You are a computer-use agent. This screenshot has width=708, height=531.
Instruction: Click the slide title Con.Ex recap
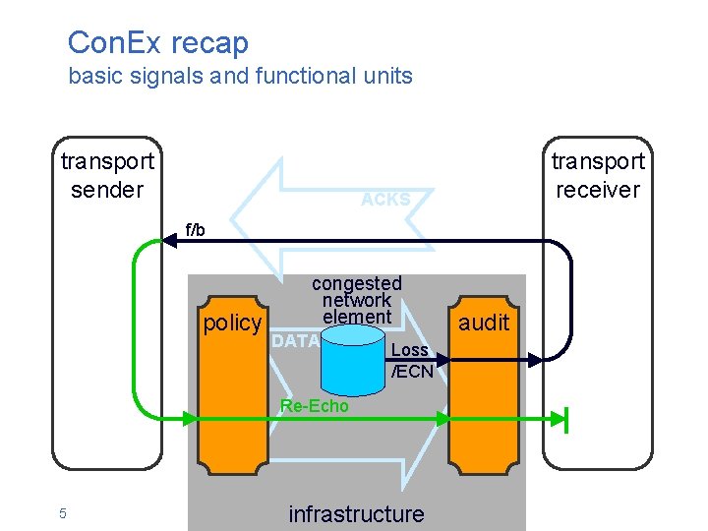point(157,42)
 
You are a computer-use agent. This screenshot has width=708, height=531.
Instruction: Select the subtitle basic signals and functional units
point(240,76)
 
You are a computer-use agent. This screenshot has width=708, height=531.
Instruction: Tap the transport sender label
point(107,175)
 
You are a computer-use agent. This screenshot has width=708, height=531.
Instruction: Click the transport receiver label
point(597,175)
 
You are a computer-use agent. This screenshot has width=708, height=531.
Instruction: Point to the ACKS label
point(385,200)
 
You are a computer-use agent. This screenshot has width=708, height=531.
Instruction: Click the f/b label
point(196,230)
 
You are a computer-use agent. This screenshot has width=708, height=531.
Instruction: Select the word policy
point(232,324)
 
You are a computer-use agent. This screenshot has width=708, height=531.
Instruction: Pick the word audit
point(484,322)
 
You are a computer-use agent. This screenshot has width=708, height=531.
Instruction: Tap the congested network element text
point(356,300)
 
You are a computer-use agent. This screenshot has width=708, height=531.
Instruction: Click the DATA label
point(295,341)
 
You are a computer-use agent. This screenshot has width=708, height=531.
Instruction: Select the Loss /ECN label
point(410,361)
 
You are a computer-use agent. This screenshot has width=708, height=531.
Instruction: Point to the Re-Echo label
point(314,406)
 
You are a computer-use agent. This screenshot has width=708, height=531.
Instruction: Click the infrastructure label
point(356,513)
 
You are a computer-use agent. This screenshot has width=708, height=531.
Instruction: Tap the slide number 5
point(62,513)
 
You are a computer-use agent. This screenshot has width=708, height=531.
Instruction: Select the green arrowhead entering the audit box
point(442,419)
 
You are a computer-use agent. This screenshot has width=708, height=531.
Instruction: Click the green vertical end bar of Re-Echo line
point(567,419)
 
